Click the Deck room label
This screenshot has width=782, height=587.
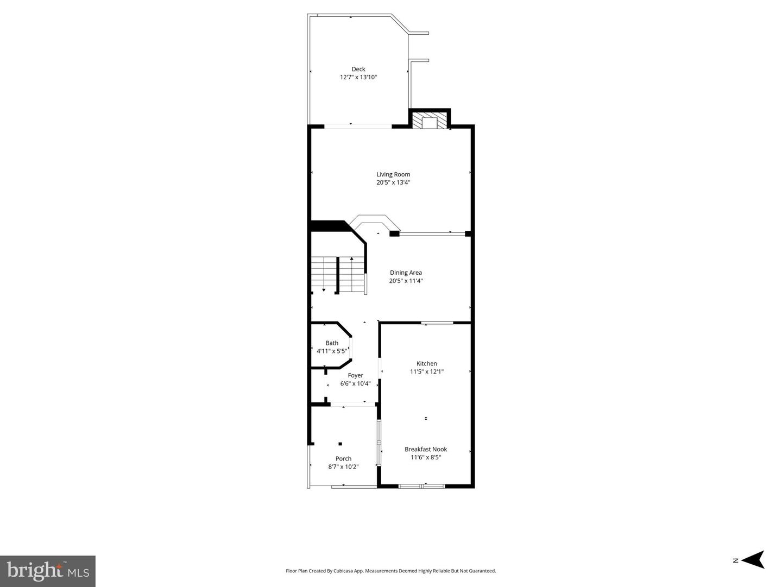pyautogui.click(x=358, y=69)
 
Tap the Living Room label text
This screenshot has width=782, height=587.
pyautogui.click(x=393, y=174)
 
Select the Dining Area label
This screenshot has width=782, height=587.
pyautogui.click(x=406, y=273)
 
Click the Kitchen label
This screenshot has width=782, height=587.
pyautogui.click(x=426, y=364)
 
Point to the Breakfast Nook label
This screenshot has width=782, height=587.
pyautogui.click(x=425, y=450)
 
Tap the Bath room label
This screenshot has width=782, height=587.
pyautogui.click(x=332, y=343)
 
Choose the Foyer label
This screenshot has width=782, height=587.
pyautogui.click(x=355, y=375)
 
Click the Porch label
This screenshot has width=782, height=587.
pyautogui.click(x=343, y=459)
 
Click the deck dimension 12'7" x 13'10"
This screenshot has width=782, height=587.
pyautogui.click(x=358, y=77)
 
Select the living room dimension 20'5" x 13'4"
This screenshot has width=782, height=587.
pyautogui.click(x=393, y=182)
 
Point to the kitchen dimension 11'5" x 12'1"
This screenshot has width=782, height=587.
pyautogui.click(x=426, y=371)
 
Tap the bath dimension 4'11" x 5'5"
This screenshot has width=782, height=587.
pyautogui.click(x=332, y=351)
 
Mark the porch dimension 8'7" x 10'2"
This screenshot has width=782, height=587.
pyautogui.click(x=343, y=466)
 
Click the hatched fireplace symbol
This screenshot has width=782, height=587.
pyautogui.click(x=430, y=121)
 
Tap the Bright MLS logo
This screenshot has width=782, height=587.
pyautogui.click(x=47, y=571)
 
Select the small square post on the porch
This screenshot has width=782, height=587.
pyautogui.click(x=340, y=444)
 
